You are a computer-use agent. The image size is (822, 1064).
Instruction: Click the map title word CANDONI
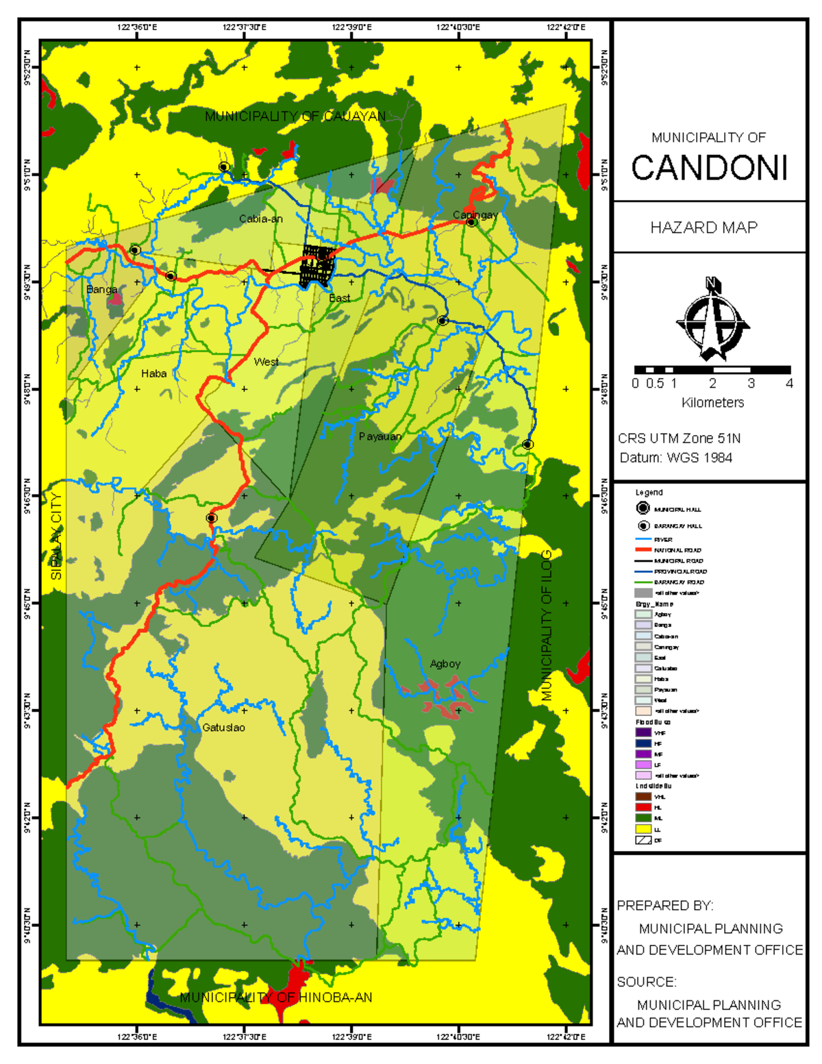point(709,169)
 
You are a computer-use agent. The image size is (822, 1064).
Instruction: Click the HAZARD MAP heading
point(703,227)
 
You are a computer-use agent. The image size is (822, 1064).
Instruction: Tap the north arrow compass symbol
point(712,319)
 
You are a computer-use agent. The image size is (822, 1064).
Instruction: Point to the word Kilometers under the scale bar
point(712,403)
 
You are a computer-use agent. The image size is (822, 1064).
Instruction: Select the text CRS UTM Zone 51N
point(679,438)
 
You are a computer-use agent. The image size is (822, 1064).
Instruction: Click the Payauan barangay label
point(379,436)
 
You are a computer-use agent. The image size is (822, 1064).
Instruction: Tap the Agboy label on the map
point(445,664)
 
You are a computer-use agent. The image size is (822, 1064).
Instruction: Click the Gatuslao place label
point(223,728)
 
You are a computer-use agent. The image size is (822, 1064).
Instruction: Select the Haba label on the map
point(153,373)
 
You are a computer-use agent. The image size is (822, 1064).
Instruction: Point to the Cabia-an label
point(260,219)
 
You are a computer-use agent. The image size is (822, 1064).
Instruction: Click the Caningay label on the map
point(475,214)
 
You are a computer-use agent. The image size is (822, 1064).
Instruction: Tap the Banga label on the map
point(101,290)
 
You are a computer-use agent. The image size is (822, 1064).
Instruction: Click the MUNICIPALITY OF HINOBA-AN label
point(275,998)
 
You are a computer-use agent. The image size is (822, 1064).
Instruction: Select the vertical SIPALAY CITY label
point(56,536)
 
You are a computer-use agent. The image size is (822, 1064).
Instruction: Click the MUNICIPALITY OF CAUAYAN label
point(295,116)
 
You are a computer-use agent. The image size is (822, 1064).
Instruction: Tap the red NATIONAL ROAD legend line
point(643,550)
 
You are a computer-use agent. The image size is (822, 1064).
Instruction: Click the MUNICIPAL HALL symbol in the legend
point(643,508)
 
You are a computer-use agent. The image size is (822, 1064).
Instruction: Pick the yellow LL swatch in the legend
point(643,829)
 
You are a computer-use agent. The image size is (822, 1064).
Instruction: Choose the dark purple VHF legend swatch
point(643,732)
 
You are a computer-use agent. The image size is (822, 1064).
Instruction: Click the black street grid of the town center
point(316,265)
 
